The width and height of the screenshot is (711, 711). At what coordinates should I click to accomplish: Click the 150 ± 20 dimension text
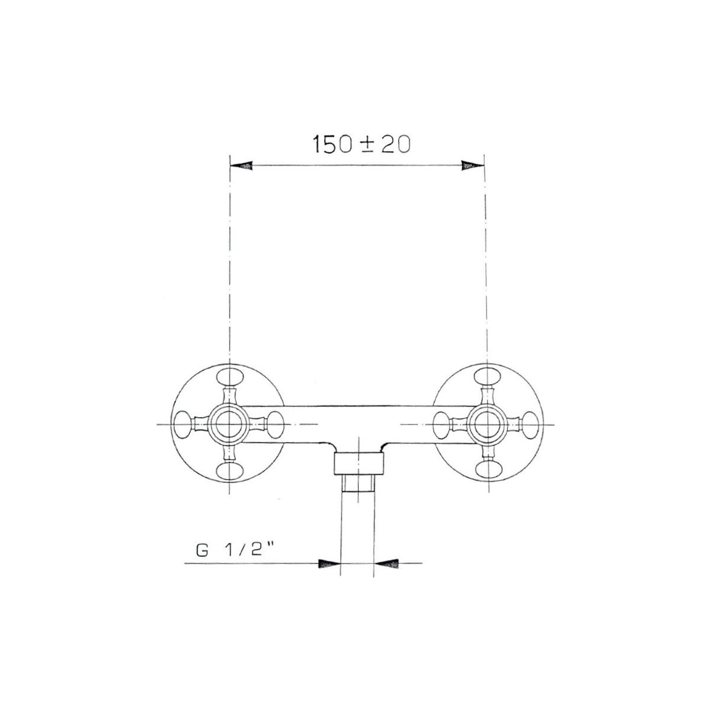click(x=361, y=144)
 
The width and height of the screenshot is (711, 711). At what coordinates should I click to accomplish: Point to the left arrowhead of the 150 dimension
click(x=241, y=166)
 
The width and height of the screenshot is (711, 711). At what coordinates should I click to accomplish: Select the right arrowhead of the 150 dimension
click(x=473, y=166)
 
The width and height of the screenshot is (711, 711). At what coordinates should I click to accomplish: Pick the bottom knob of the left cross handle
click(x=229, y=470)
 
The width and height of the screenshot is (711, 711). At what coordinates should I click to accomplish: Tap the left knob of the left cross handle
click(x=183, y=424)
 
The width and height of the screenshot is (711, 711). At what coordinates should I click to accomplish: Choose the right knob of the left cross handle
click(x=275, y=424)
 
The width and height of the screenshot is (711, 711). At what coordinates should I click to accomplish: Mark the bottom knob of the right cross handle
click(x=487, y=470)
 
